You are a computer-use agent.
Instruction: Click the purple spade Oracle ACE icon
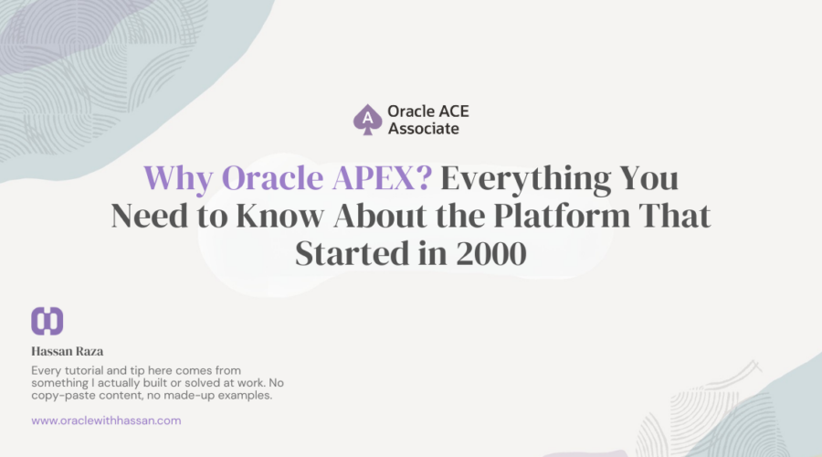pyautogui.click(x=367, y=120)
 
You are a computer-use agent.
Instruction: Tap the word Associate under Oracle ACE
pyautogui.click(x=423, y=129)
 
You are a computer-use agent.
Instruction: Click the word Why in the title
pyautogui.click(x=177, y=176)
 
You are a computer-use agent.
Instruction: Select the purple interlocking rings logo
pyautogui.click(x=47, y=321)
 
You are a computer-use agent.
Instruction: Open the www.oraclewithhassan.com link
pyautogui.click(x=106, y=420)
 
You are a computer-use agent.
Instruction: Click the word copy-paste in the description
pyautogui.click(x=63, y=395)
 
